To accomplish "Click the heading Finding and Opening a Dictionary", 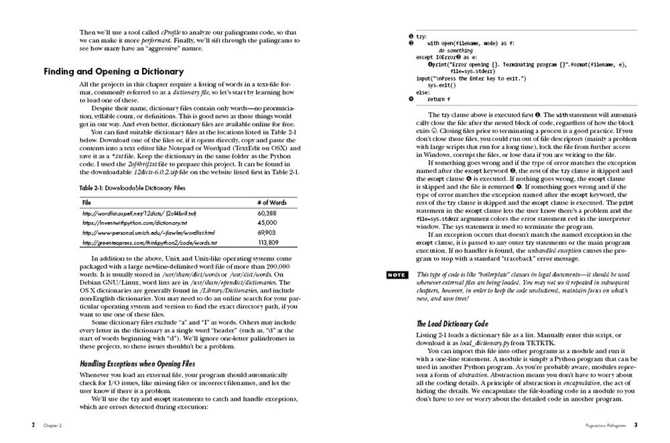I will click(113, 72).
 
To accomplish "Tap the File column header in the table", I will click(86, 201).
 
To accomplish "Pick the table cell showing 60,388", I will click(266, 213).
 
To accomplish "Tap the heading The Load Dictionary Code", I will click(452, 324).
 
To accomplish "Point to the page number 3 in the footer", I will click(636, 425).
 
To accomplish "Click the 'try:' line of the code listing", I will click(421, 36).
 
